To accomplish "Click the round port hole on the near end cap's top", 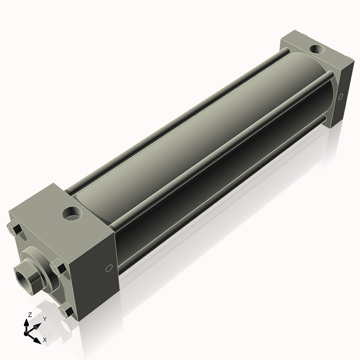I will click(73, 212).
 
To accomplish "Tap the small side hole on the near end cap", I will click(109, 269).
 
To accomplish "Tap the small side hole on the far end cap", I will click(341, 96).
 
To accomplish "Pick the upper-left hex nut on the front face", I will click(15, 229).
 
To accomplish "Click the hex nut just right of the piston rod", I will click(58, 268).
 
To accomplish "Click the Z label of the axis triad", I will click(29, 315).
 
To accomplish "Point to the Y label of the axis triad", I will click(44, 319).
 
